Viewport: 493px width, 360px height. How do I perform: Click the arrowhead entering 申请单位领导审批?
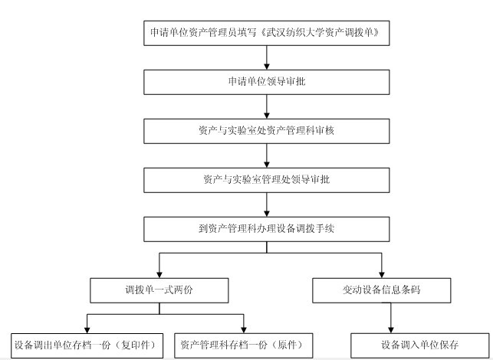click(267, 67)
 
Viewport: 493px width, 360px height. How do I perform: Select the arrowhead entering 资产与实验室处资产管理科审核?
click(267, 116)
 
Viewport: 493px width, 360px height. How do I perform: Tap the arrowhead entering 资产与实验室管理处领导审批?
click(267, 164)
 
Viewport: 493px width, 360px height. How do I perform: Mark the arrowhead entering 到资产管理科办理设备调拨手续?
click(267, 213)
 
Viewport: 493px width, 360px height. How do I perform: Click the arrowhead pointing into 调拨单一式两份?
click(159, 274)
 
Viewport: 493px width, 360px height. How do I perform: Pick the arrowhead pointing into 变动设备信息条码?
click(382, 274)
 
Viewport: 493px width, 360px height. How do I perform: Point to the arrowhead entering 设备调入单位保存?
click(391, 330)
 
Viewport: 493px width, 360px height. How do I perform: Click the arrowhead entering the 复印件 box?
click(87, 330)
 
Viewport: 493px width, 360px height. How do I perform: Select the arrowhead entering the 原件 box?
click(244, 330)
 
